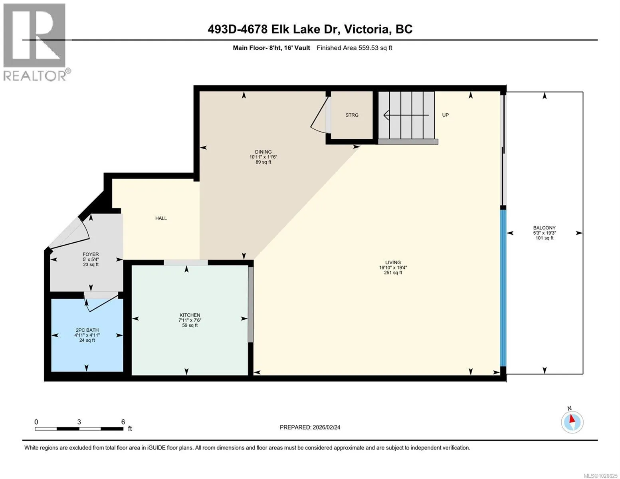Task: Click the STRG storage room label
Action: point(352,115)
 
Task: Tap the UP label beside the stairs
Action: point(446,115)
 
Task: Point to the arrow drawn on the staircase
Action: point(406,115)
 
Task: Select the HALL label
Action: point(161,218)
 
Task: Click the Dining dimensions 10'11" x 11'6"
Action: point(263,157)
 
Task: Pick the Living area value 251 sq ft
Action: point(393,273)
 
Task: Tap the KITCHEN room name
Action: point(190,315)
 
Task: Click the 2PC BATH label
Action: point(87,330)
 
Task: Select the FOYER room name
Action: point(91,254)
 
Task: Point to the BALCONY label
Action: point(545,228)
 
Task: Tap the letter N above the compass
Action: point(570,408)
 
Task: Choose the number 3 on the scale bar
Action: point(79,422)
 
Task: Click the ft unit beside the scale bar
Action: point(130,429)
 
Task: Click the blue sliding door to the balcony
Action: point(503,288)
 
